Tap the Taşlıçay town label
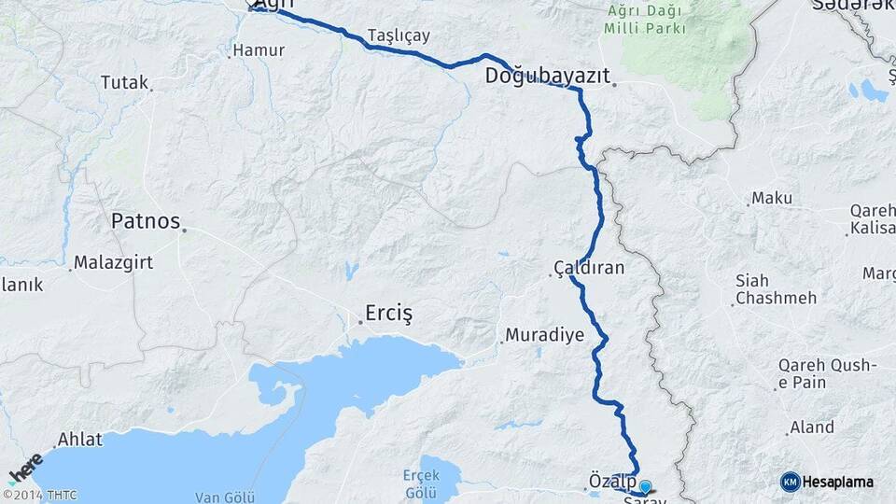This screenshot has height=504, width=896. (x=399, y=35)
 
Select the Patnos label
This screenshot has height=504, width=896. (x=145, y=221)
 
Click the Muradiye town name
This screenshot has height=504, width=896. (x=544, y=334)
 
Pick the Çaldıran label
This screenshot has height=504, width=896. (x=589, y=268)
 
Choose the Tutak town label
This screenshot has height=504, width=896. (x=124, y=83)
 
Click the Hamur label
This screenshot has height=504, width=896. (x=259, y=49)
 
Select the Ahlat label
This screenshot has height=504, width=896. (x=79, y=439)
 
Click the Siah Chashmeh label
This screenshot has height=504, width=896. (x=776, y=289)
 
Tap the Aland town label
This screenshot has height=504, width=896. (x=811, y=427)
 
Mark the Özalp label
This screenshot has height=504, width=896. (x=611, y=480)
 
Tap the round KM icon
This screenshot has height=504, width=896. (x=791, y=482)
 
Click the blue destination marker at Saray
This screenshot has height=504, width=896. (x=644, y=486)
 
